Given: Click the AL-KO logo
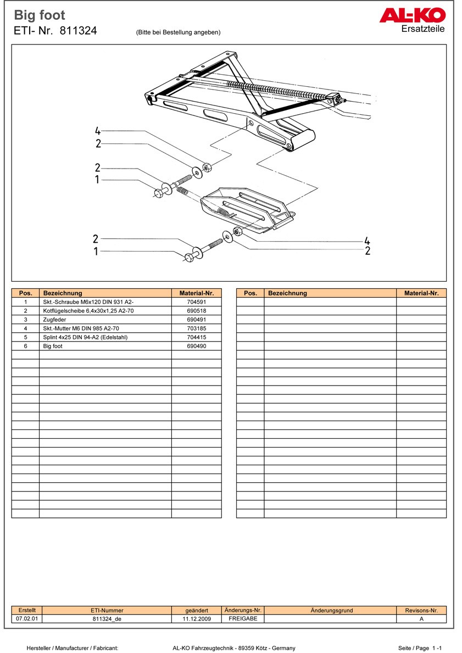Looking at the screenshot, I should tap(412, 15).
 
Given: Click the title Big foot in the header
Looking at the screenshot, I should tap(40, 15).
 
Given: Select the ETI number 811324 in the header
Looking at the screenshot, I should tap(78, 31).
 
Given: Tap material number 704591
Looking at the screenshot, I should tap(196, 302).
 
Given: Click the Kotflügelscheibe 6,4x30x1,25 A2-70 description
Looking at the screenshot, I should tap(88, 311).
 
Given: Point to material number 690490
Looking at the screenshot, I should tap(196, 346).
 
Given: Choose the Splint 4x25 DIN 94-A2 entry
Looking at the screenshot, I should tap(85, 337).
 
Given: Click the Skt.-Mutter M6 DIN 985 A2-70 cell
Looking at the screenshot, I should tap(81, 328).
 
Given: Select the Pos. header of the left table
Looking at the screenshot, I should tap(25, 293).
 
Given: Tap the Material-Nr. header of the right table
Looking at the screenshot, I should tap(421, 293).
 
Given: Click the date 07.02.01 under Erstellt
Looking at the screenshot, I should tap(26, 618).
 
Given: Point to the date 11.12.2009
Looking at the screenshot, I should tap(197, 618).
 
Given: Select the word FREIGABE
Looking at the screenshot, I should tap(243, 618).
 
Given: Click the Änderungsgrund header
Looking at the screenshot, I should tap(331, 610).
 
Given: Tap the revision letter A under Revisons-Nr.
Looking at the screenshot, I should tap(421, 618).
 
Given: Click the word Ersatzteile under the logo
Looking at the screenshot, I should tap(423, 29).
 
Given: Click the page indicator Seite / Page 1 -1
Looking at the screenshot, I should tap(420, 648).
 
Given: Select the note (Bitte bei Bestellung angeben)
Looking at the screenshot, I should tap(178, 32).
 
